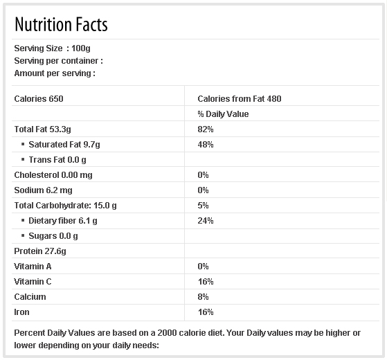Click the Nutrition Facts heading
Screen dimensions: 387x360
point(61,24)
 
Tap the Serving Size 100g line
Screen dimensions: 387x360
point(52,48)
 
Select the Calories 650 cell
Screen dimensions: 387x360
point(39,99)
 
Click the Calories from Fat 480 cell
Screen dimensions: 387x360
point(240,99)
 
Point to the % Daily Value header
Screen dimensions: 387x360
point(223,114)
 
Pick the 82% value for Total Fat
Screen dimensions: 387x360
point(206,129)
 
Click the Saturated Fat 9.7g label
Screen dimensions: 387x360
point(64,145)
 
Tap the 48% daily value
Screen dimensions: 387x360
point(206,145)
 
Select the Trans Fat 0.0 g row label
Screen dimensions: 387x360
point(57,160)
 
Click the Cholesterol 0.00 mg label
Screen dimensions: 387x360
point(53,175)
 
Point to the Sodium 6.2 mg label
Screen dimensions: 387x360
point(43,190)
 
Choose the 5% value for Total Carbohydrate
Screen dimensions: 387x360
point(203,206)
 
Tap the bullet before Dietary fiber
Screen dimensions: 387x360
point(23,220)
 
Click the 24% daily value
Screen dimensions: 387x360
point(206,221)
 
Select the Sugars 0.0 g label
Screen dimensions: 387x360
point(53,236)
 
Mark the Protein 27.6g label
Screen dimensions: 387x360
point(40,251)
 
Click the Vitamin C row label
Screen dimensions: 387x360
point(33,282)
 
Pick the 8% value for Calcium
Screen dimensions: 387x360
point(203,297)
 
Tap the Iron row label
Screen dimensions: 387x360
point(21,312)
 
